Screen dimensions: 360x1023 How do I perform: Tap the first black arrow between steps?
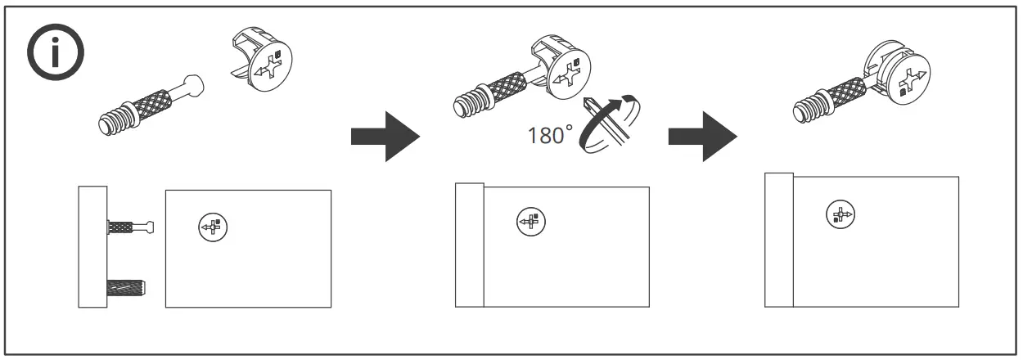coord(384,137)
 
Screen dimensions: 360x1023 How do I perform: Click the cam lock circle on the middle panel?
coord(530,221)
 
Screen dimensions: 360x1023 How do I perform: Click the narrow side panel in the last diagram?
coord(779,240)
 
